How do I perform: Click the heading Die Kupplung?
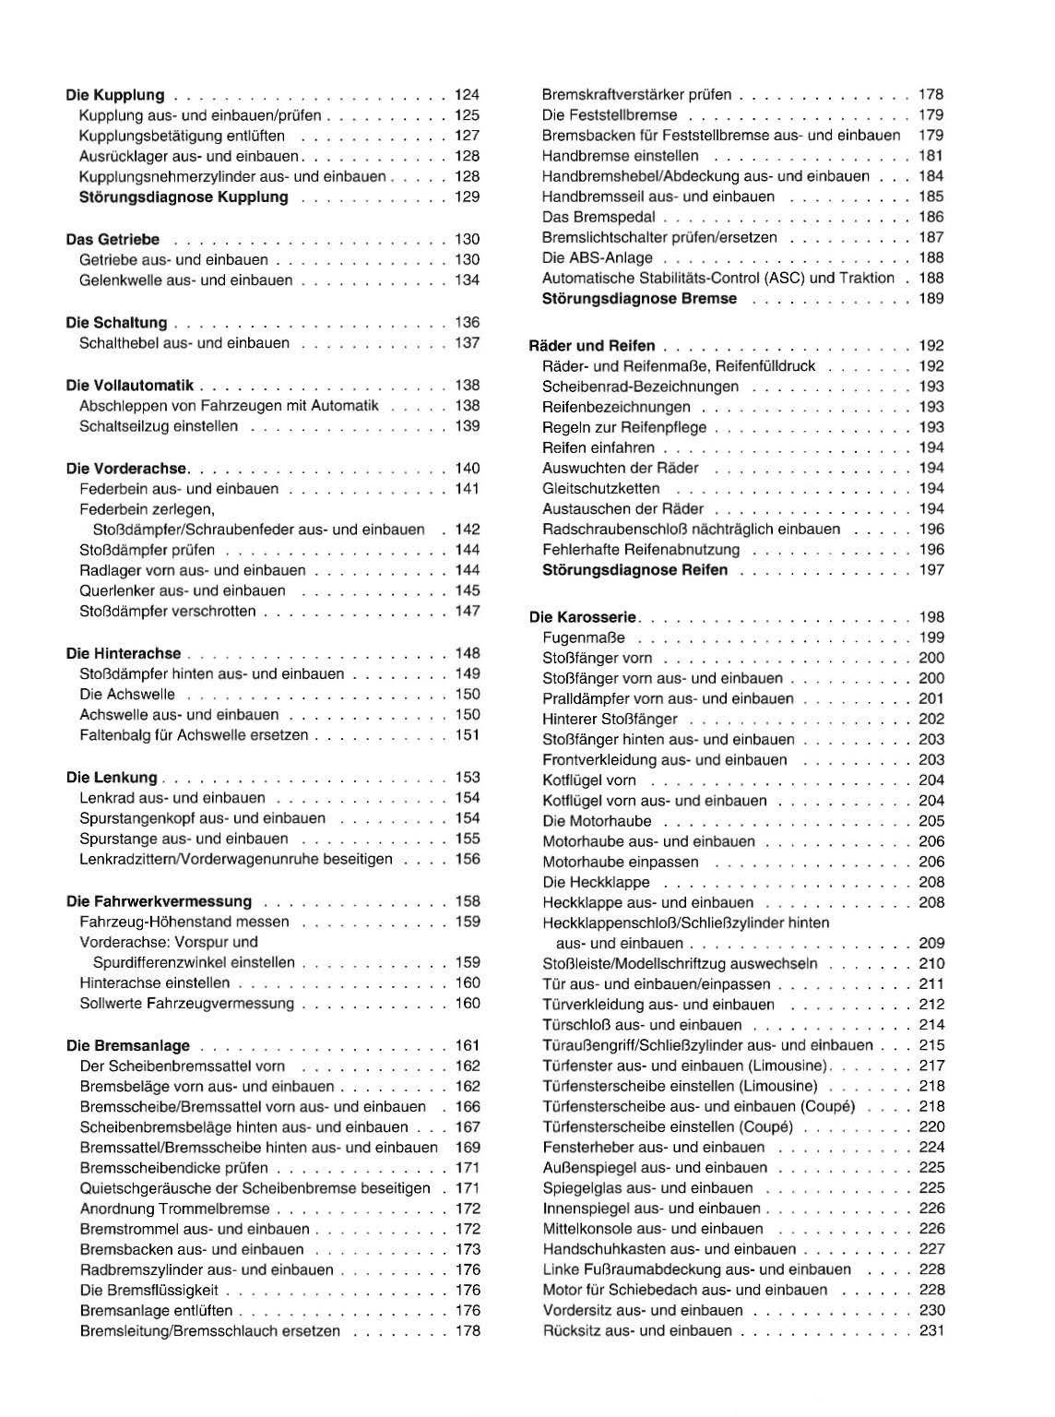click(x=115, y=95)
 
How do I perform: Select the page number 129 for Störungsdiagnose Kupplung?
click(x=468, y=197)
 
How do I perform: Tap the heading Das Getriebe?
click(x=113, y=240)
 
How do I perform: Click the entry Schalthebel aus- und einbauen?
click(x=184, y=343)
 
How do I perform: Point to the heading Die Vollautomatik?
click(x=130, y=386)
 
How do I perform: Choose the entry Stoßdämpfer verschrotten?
click(x=168, y=612)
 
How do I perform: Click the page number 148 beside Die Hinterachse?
click(x=468, y=654)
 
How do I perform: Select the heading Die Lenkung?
click(x=112, y=778)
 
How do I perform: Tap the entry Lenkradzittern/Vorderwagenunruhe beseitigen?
click(x=236, y=860)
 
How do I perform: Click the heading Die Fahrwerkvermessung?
click(x=159, y=901)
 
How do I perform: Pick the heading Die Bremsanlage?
click(x=128, y=1046)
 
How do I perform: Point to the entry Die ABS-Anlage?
click(x=598, y=258)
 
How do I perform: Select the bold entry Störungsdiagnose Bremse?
click(x=640, y=299)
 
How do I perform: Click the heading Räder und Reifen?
click(x=592, y=346)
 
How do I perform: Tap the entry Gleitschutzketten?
click(x=601, y=489)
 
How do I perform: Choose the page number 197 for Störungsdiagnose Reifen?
click(x=931, y=570)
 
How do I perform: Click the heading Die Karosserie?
click(x=583, y=617)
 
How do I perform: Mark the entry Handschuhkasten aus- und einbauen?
click(x=670, y=1249)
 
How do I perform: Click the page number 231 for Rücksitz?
click(x=931, y=1331)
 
